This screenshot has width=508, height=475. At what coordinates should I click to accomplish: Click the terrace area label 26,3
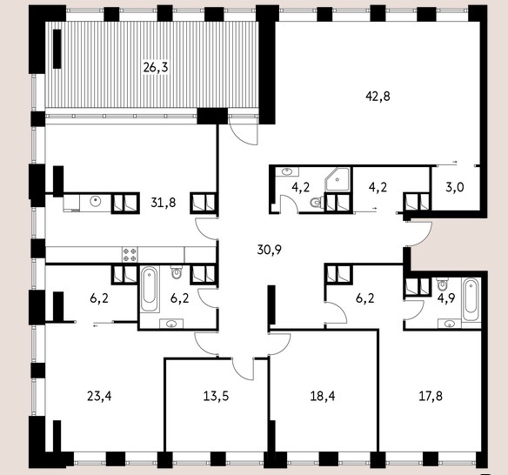click(156, 68)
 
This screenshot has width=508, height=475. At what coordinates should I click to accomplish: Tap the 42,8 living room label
click(378, 97)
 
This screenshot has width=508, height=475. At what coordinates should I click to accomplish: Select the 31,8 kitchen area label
click(164, 203)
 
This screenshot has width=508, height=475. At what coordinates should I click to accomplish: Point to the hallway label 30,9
click(270, 250)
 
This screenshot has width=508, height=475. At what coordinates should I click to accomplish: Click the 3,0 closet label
click(455, 187)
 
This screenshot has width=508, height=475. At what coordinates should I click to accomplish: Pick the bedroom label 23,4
click(99, 396)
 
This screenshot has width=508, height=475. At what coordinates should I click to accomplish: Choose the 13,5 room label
click(216, 396)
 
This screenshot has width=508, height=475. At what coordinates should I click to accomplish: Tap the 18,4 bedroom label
click(323, 396)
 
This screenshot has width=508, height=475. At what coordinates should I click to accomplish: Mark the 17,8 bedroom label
click(431, 396)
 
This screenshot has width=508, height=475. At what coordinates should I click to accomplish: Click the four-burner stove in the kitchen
click(130, 255)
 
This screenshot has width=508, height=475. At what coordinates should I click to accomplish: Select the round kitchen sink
click(96, 202)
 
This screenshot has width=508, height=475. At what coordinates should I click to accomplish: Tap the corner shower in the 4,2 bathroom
click(338, 179)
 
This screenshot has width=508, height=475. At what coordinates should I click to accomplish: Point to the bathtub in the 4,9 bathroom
click(470, 299)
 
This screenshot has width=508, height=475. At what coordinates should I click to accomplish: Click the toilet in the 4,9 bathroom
click(442, 284)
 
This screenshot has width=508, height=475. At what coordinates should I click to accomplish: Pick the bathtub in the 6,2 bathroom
click(150, 289)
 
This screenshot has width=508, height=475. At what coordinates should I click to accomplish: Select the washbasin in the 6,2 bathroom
click(171, 324)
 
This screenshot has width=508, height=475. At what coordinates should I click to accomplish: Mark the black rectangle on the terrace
click(57, 49)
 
